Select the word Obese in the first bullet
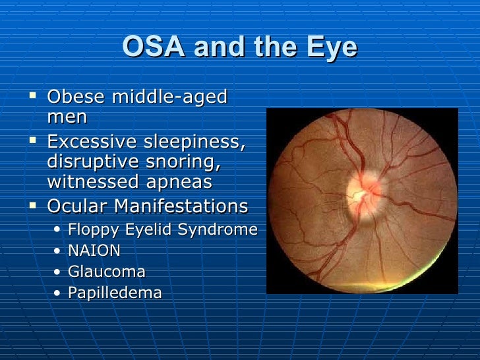pyautogui.click(x=76, y=98)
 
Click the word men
pyautogui.click(x=67, y=118)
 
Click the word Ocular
pyautogui.click(x=77, y=206)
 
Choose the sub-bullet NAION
pyautogui.click(x=94, y=251)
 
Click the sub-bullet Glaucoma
pyautogui.click(x=106, y=272)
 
